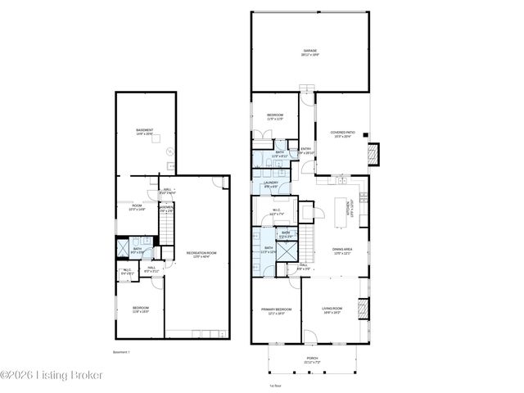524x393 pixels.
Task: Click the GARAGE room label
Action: pyautogui.click(x=309, y=52)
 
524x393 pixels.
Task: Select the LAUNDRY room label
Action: pyautogui.click(x=271, y=184)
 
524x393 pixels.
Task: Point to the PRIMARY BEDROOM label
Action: pyautogui.click(x=273, y=311)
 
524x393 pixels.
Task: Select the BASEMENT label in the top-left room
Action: pyautogui.click(x=144, y=131)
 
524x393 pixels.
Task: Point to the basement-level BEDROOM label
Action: pyautogui.click(x=140, y=309)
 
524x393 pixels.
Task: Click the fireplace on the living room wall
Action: pyautogui.click(x=365, y=309)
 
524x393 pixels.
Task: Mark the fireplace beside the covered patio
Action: pyautogui.click(x=375, y=153)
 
